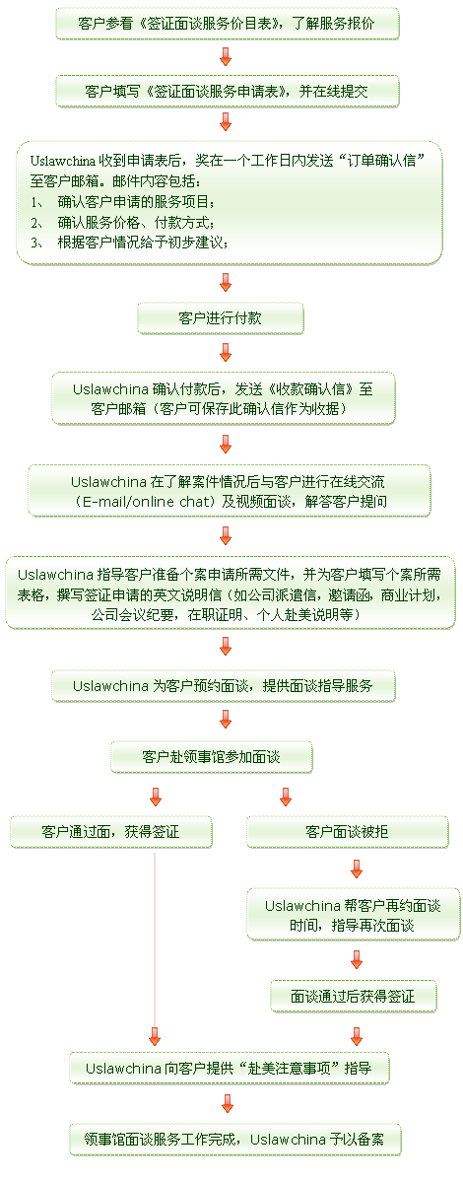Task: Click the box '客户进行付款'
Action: click(x=220, y=318)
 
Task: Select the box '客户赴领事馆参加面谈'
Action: click(x=211, y=757)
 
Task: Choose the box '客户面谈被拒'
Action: click(x=347, y=832)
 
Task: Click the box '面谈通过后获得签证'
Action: click(x=353, y=996)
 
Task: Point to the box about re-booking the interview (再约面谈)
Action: click(x=353, y=915)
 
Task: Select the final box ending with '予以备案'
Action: click(x=234, y=1140)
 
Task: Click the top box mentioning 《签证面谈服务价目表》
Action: click(x=227, y=24)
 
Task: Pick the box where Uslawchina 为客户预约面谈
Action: click(x=224, y=686)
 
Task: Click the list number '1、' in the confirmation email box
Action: click(x=38, y=203)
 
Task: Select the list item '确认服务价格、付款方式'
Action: click(x=136, y=223)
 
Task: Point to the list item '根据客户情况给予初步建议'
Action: click(x=142, y=242)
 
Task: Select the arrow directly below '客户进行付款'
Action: click(x=226, y=351)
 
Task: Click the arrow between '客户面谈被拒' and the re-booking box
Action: click(x=356, y=869)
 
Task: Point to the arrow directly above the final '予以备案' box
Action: click(x=226, y=1104)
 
